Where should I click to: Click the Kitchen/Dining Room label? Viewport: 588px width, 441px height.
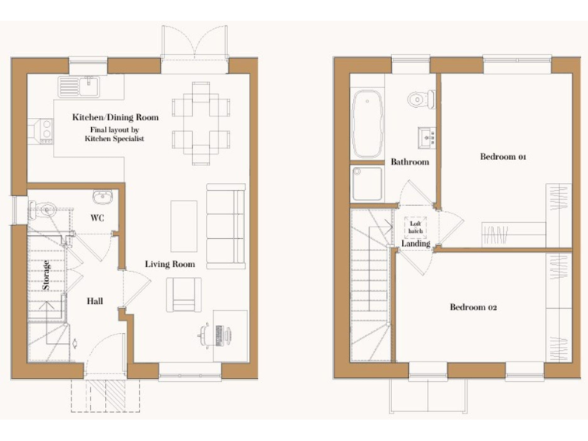click(x=115, y=118)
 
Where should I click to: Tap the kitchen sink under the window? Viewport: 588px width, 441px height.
click(x=82, y=86)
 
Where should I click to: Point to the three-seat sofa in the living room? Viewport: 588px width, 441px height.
click(x=226, y=226)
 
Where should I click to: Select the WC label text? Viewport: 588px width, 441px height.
click(x=97, y=218)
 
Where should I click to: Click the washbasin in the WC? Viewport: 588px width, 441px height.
click(x=102, y=198)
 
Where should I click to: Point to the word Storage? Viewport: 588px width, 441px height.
click(x=47, y=276)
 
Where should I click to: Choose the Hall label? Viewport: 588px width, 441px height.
click(x=95, y=301)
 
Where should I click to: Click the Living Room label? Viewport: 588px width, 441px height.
click(x=170, y=264)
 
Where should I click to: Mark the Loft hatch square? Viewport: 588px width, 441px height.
click(x=416, y=226)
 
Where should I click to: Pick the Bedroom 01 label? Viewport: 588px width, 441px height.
click(x=503, y=157)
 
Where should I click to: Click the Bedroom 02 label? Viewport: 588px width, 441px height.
click(x=473, y=307)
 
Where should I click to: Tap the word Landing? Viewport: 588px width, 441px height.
click(x=416, y=244)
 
